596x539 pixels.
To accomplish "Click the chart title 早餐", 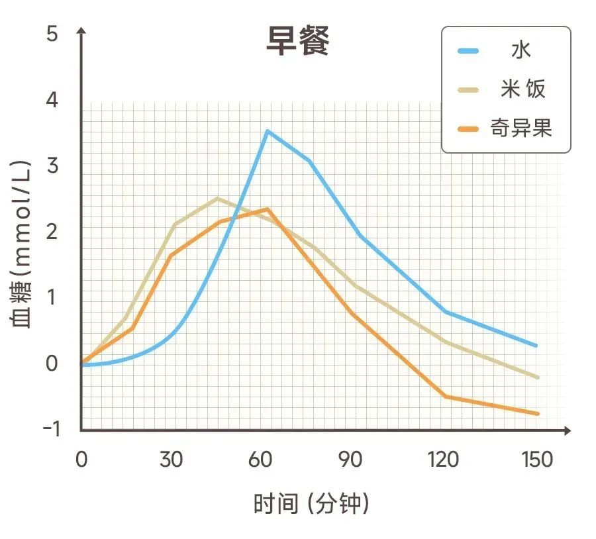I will coord(297,42).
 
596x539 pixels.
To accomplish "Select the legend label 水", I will coord(521,50).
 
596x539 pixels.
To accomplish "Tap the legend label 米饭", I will coord(523,89).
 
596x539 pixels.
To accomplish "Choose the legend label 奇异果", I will coord(521,127).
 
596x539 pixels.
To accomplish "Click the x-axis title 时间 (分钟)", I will coord(311,504).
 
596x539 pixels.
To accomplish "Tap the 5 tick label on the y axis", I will coord(52,34).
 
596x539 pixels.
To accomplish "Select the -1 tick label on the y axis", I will coord(51,429).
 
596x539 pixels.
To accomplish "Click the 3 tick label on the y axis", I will coord(52,166).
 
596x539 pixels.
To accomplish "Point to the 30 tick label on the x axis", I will coord(171,459).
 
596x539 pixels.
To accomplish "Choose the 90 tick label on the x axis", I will coord(350,459).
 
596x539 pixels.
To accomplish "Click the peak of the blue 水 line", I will coord(267,131).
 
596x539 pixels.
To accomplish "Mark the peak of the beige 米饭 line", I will coord(218,198).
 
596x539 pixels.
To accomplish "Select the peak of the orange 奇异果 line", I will coord(268,209).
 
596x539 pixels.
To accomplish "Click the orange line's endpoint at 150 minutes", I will coord(537,414).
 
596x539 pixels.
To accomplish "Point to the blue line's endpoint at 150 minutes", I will coord(536,346).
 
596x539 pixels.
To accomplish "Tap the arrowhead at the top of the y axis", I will coord(81,31).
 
